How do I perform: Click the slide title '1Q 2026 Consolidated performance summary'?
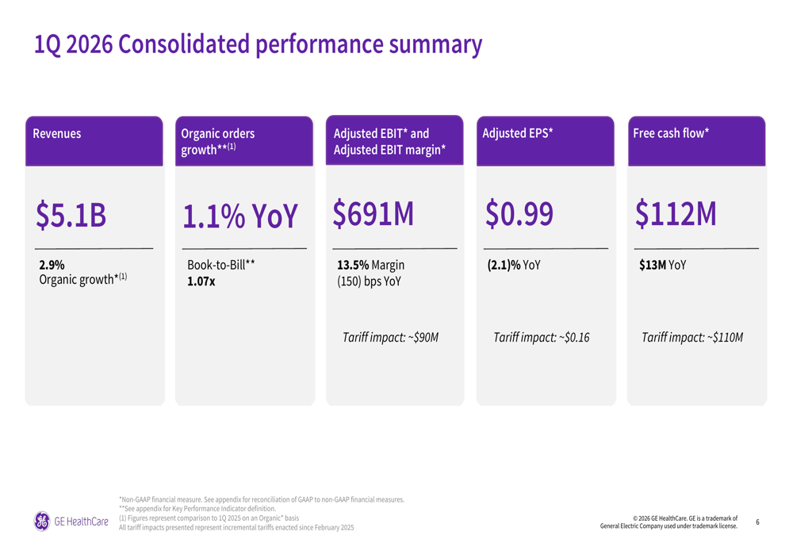(258, 44)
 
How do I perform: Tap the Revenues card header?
(57, 134)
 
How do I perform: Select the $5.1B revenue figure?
(71, 215)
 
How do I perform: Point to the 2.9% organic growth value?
(52, 266)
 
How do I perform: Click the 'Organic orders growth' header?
(218, 141)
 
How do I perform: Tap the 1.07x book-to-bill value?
(201, 281)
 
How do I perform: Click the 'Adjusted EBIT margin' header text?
(389, 150)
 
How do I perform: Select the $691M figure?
(373, 214)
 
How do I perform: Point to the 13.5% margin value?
(353, 266)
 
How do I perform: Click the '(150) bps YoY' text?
(369, 281)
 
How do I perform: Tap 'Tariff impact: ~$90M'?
(390, 338)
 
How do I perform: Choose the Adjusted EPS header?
(517, 133)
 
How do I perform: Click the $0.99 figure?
(519, 214)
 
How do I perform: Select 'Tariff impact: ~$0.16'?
(542, 338)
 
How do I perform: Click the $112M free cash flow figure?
(676, 214)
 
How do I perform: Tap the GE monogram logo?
(41, 521)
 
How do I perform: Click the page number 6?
(757, 522)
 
